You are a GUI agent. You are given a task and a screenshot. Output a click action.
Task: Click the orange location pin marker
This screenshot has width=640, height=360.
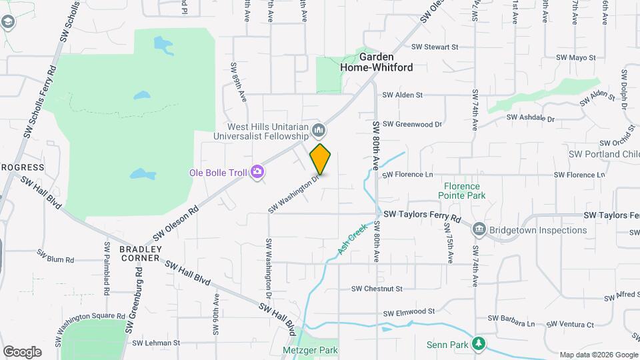click(x=321, y=159)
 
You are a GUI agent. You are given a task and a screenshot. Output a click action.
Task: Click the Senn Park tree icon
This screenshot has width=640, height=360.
click(x=478, y=344)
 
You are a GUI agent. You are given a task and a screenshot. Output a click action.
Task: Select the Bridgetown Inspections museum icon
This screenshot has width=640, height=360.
click(x=479, y=230)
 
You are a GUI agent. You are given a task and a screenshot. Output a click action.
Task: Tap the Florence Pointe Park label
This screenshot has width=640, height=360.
click(x=458, y=191)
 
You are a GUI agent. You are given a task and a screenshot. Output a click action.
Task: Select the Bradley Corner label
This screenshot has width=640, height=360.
click(x=140, y=253)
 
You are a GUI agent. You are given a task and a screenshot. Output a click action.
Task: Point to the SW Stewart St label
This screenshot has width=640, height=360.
click(x=435, y=47)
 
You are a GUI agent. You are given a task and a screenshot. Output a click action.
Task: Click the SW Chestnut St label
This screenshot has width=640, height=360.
click(x=377, y=289)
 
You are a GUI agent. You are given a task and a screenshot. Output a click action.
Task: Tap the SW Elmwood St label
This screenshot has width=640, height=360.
click(x=409, y=311)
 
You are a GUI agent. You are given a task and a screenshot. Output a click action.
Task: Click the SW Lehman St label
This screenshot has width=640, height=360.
click(x=156, y=343)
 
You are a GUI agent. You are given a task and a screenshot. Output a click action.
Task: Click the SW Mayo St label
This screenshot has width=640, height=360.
click(x=573, y=58)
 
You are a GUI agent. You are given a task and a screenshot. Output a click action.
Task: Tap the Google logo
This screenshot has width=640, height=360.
click(x=22, y=351)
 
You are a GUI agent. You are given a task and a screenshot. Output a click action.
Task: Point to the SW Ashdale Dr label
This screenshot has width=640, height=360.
click(x=530, y=118)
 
